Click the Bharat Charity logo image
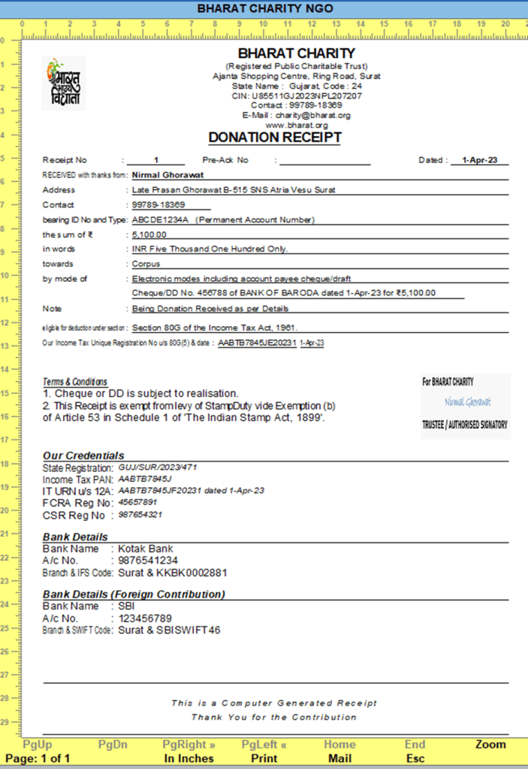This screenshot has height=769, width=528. pos(63,83)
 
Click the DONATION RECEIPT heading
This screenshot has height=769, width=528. pos(275,138)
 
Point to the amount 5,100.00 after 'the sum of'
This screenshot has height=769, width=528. pos(149,235)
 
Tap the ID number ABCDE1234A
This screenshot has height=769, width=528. pos(160,219)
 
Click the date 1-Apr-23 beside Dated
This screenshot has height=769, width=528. pos(480,160)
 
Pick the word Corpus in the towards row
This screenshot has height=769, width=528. pos(146,264)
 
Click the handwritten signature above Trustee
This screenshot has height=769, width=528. pos(467,402)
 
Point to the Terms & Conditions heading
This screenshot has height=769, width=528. pos(75,382)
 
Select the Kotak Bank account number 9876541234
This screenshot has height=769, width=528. pos(147,560)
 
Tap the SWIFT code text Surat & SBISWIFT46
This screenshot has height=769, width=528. pos(169,630)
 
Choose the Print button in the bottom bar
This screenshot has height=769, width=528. pos(264,758)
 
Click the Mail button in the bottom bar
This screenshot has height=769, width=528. pos(339,758)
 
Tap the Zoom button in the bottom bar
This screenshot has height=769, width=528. pos(490,744)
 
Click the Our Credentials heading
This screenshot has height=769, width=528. pos(83,456)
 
